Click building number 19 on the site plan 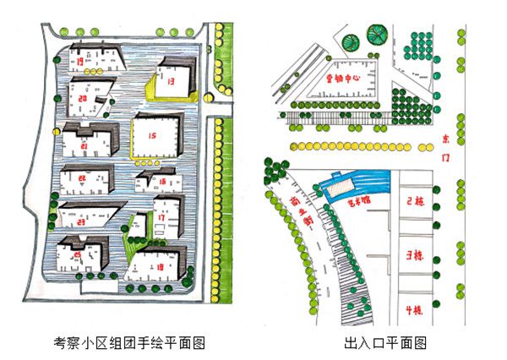click(81, 62)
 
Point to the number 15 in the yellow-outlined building click(152, 135)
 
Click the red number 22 click(82, 178)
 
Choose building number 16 click(161, 179)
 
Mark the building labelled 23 click(82, 215)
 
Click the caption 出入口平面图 click(384, 344)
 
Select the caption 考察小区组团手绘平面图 click(130, 344)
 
